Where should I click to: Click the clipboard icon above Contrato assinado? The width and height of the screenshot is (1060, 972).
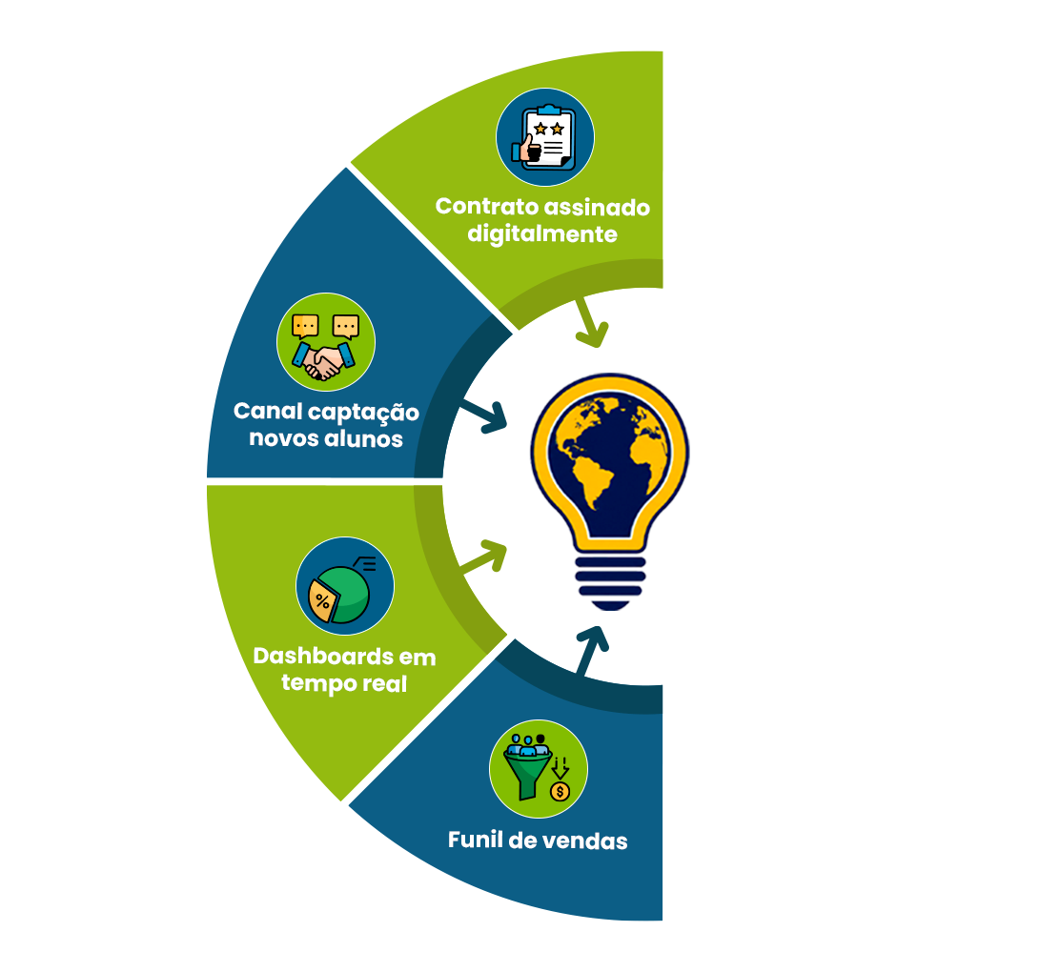(545, 137)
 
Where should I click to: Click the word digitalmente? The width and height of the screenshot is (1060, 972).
(542, 233)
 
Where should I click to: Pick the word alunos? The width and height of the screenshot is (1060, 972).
(364, 438)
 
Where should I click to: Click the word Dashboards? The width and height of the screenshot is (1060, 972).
(322, 657)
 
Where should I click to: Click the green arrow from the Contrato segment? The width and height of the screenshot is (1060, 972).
(590, 322)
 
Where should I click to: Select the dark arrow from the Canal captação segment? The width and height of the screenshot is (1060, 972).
(483, 416)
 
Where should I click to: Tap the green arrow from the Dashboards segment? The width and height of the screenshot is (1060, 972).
(483, 556)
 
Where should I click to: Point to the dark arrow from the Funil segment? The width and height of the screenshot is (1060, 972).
(590, 650)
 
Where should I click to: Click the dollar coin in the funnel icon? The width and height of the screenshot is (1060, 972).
(561, 791)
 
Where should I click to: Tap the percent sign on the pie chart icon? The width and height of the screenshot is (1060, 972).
(322, 601)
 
